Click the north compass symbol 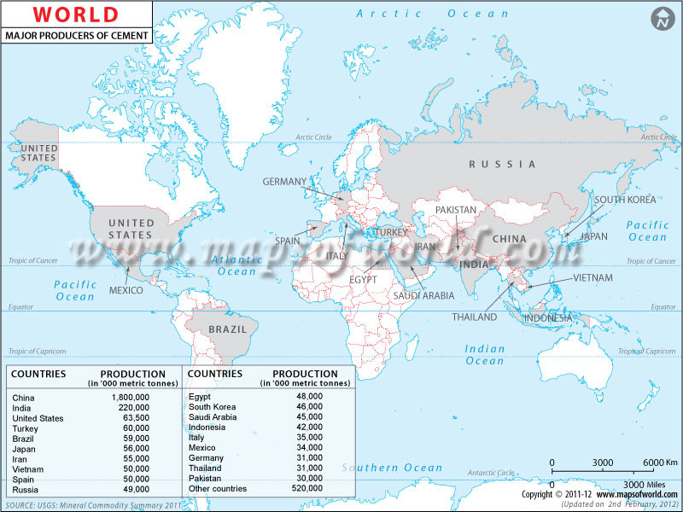click(659, 18)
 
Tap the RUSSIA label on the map click(502, 164)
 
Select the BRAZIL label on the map click(228, 329)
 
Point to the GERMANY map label click(284, 182)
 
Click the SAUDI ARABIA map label click(423, 296)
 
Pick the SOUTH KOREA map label click(626, 200)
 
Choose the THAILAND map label click(475, 317)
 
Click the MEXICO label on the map click(126, 290)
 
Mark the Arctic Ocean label click(432, 14)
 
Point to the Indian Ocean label click(484, 355)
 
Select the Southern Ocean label click(392, 468)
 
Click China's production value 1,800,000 click(130, 397)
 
